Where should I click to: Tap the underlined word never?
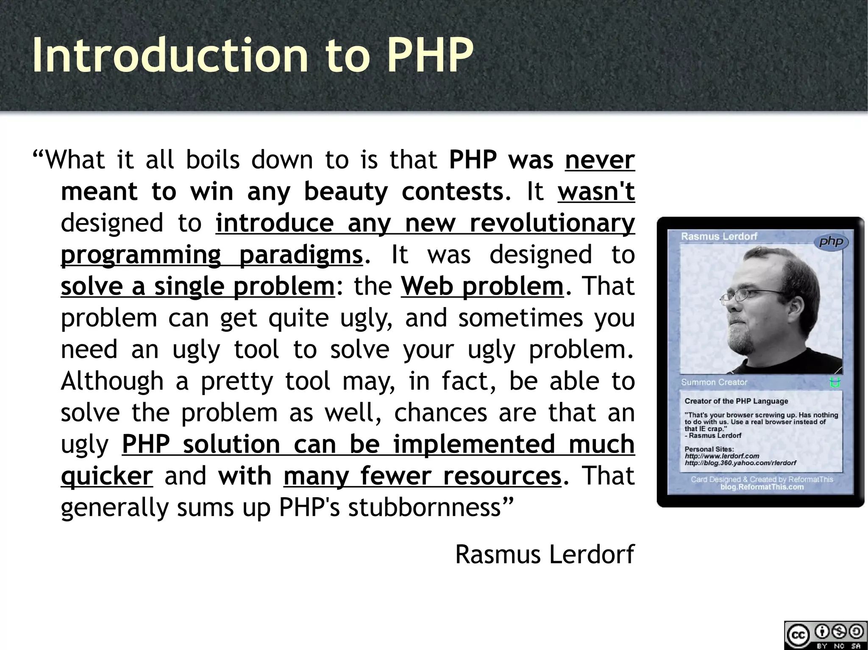click(x=600, y=160)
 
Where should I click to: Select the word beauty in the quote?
click(x=346, y=191)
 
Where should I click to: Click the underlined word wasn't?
click(x=596, y=191)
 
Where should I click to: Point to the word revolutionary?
click(x=552, y=223)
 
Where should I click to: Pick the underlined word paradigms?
click(x=301, y=254)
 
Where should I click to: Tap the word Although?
click(x=112, y=381)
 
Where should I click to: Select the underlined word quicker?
click(x=107, y=476)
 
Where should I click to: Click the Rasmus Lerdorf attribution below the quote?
click(x=545, y=554)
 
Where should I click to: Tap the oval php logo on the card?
click(x=831, y=242)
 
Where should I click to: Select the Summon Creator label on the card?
click(x=714, y=382)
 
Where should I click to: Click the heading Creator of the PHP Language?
click(x=736, y=401)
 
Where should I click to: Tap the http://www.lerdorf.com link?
click(x=722, y=456)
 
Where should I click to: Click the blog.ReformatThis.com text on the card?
click(x=762, y=487)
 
